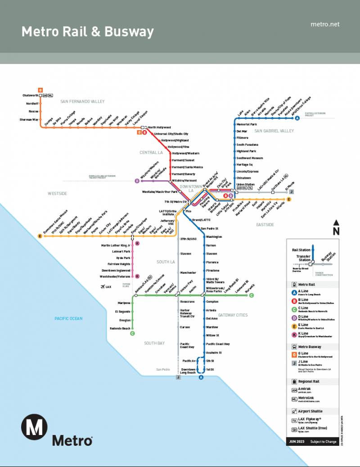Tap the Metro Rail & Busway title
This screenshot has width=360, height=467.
pyautogui.click(x=88, y=32)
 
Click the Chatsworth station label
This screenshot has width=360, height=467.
pyautogui.click(x=30, y=95)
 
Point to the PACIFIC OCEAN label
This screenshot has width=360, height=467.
pyautogui.click(x=68, y=318)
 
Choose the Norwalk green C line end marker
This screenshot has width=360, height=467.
pyautogui.click(x=252, y=295)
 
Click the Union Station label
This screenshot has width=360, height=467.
pyautogui.click(x=246, y=184)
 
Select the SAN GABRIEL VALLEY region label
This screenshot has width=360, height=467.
pyautogui.click(x=274, y=131)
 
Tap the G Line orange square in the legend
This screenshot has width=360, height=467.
pyautogui.click(x=294, y=354)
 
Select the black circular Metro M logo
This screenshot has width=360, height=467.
pyautogui.click(x=35, y=426)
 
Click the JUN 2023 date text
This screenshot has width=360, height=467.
pyautogui.click(x=297, y=441)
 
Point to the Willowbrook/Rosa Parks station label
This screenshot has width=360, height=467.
pyautogui.click(x=216, y=289)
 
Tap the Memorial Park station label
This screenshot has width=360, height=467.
pyautogui.click(x=247, y=124)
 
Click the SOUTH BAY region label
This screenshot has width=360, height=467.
pyautogui.click(x=154, y=343)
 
